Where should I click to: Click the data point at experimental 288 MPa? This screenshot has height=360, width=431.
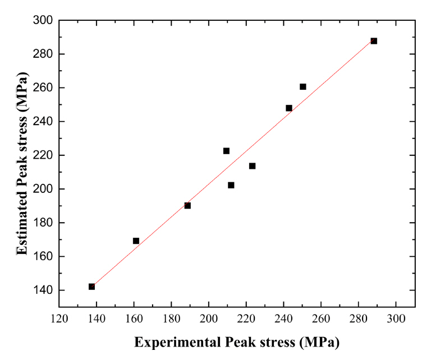pyautogui.click(x=374, y=41)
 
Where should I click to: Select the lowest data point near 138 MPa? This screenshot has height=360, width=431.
pyautogui.click(x=91, y=287)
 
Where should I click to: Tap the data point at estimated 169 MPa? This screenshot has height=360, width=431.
pyautogui.click(x=136, y=241)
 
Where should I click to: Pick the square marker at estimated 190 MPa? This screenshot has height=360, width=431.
pyautogui.click(x=187, y=205)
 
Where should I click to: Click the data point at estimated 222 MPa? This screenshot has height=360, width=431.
pyautogui.click(x=226, y=151)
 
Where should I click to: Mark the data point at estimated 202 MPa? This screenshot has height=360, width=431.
pyautogui.click(x=231, y=185)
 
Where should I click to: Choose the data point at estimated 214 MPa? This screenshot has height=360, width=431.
pyautogui.click(x=253, y=166)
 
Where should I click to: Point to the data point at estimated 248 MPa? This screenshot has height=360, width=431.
pyautogui.click(x=289, y=108)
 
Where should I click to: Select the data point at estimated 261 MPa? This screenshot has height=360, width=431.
pyautogui.click(x=303, y=87)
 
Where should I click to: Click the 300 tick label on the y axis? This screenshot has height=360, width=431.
pyautogui.click(x=43, y=21)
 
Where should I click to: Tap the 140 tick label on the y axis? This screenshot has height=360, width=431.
pyautogui.click(x=43, y=290)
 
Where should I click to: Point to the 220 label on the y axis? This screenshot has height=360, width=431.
pyautogui.click(x=43, y=155)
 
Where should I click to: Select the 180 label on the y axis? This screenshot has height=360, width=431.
pyautogui.click(x=43, y=223)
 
